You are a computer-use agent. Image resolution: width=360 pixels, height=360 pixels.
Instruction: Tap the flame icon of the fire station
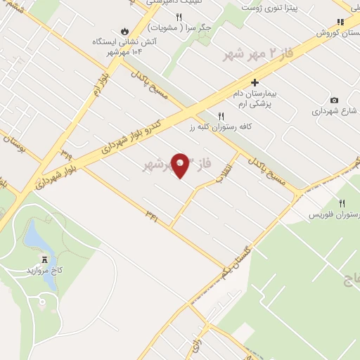point(125,32)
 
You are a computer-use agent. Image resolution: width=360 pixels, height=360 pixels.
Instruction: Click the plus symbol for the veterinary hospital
point(255,82)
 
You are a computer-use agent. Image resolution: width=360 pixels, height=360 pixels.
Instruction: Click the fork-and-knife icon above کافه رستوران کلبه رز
point(221,116)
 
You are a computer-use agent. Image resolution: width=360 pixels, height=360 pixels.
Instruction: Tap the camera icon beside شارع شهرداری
point(334,101)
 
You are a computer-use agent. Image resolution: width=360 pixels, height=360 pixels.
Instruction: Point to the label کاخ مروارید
point(46,270)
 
